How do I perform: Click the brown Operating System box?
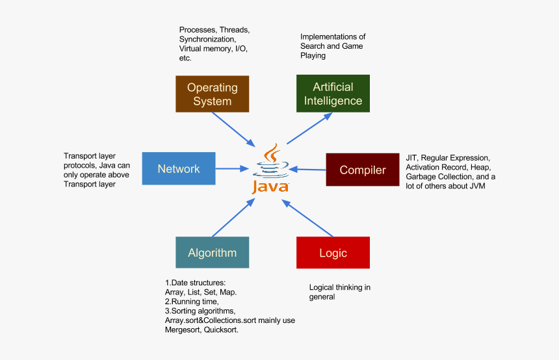[212, 94]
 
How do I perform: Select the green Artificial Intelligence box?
[333, 94]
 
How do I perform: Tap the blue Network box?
[178, 169]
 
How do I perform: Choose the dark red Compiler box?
[362, 170]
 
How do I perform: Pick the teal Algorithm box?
[212, 253]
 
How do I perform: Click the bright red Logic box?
[333, 253]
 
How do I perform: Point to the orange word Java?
[270, 187]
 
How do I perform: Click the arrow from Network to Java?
[235, 169]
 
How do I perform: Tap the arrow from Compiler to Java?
[307, 170]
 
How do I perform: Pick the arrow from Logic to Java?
[308, 218]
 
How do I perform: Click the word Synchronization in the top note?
[207, 39]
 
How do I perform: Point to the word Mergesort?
[185, 329]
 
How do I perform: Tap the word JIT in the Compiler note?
[411, 158]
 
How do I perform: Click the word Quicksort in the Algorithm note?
[222, 329]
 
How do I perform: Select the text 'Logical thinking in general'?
[339, 292]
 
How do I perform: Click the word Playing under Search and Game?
[313, 56]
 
